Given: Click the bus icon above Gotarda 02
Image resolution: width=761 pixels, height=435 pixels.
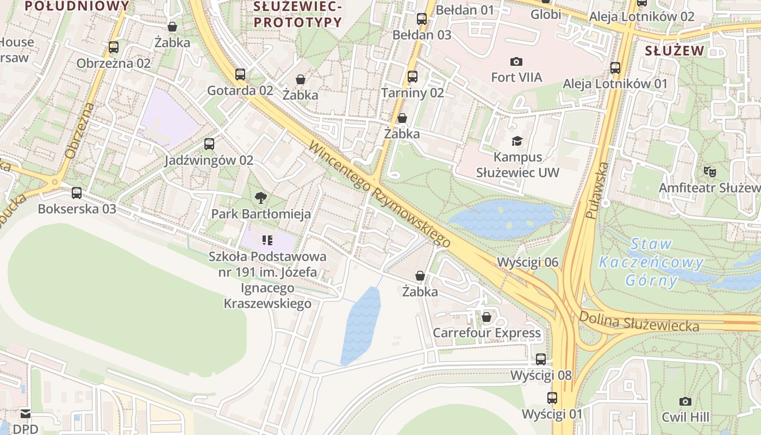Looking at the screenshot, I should (x=240, y=74).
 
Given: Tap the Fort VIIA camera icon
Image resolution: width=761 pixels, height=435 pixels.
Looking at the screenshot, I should (x=516, y=61).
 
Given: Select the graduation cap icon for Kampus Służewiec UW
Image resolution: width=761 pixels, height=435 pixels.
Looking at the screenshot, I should (x=516, y=141).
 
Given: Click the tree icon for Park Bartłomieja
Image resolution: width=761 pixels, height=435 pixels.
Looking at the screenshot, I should (x=261, y=198).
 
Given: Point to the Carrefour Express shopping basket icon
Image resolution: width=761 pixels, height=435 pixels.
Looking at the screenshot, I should (x=486, y=317).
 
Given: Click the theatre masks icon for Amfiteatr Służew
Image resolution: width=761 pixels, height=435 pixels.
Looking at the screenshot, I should (x=709, y=172).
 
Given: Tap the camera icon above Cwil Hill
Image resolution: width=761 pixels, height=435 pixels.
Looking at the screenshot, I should (x=685, y=401).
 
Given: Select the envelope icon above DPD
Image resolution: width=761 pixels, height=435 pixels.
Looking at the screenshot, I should (x=26, y=413).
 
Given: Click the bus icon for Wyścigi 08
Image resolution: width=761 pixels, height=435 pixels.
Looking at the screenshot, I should (x=541, y=359).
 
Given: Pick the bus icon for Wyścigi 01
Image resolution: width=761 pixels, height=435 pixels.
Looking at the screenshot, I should (x=552, y=398).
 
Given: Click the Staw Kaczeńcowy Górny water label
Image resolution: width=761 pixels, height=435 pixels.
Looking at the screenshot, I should (x=651, y=263).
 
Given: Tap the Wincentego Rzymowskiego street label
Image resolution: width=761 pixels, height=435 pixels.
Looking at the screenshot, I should (x=380, y=194).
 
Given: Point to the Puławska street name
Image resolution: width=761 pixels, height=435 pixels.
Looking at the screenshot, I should (x=597, y=190).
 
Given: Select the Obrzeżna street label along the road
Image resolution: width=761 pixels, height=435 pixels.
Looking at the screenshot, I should (x=79, y=130).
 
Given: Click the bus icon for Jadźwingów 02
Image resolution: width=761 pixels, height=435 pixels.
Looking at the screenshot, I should (x=209, y=144).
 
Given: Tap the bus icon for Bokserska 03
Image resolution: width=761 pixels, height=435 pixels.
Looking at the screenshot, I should (x=77, y=193).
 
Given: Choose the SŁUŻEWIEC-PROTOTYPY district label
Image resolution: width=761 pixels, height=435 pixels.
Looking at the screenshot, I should (x=297, y=14).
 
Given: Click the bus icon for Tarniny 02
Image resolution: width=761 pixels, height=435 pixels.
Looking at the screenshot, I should (x=413, y=77).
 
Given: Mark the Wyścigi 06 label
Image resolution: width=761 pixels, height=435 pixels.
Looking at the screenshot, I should (x=527, y=263).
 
